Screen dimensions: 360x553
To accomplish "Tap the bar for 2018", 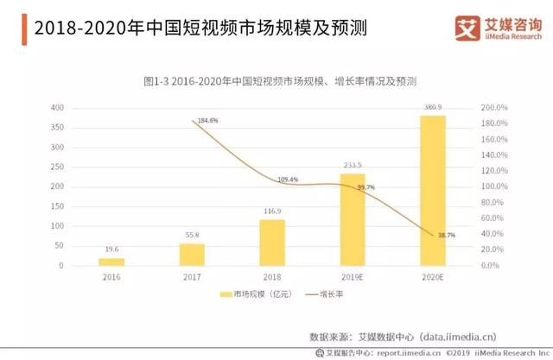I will coord(273,243).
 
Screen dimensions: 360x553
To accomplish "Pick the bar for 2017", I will coord(192,255).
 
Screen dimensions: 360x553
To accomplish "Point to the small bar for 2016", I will coord(111,262).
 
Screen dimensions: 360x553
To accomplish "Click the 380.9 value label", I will coord(432,107).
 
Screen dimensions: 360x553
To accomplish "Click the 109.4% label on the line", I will coord(288,180).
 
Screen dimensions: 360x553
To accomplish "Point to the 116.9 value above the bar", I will coord(273,211).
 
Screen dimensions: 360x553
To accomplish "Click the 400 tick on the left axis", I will coord(57,108).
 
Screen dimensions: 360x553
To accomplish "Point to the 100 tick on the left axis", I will coord(57,226).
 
